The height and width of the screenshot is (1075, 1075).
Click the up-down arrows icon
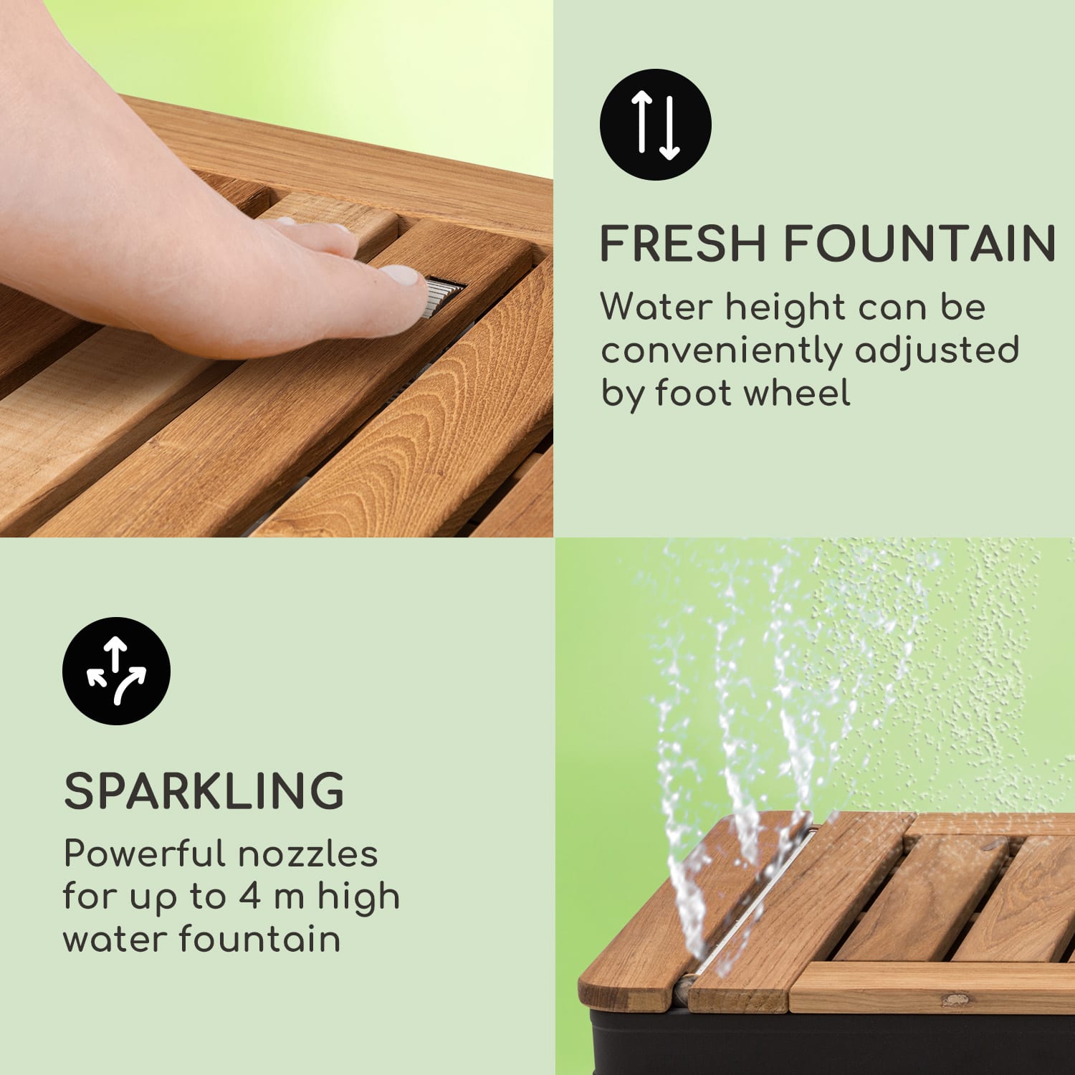coord(655,125)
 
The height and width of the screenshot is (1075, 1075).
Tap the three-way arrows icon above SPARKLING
coord(116,671)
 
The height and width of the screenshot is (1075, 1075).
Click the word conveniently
coord(721,351)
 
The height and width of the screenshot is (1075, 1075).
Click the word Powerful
coord(144,854)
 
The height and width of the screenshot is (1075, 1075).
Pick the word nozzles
coord(308,854)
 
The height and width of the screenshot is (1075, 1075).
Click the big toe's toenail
coord(401,275)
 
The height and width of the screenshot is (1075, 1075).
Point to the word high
coord(358,897)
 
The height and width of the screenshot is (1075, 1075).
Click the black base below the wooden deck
coord(824,1046)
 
